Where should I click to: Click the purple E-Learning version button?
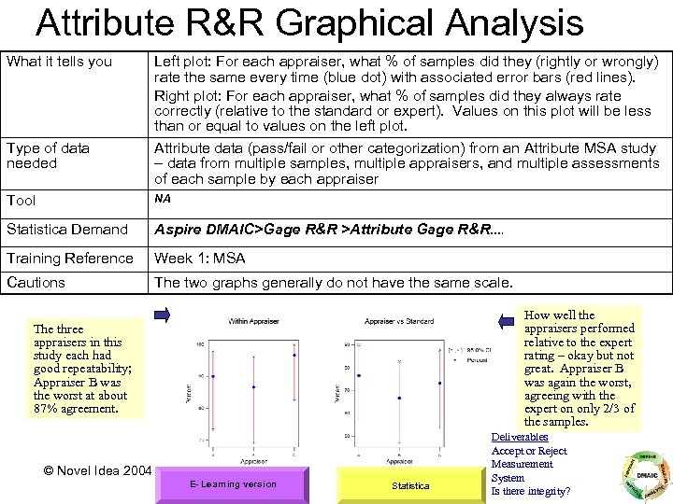[x=220, y=484]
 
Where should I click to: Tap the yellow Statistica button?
[x=410, y=484]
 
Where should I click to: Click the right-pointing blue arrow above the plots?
[x=159, y=315]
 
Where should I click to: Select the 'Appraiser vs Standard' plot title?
[x=400, y=322]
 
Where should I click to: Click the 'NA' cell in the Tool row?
[x=163, y=199]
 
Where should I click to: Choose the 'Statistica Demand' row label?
[x=67, y=229]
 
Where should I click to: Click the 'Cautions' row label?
[x=36, y=282]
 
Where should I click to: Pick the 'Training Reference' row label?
[x=70, y=258]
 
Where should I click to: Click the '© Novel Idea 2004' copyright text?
[x=98, y=469]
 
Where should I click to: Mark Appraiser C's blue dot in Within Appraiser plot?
[x=295, y=356]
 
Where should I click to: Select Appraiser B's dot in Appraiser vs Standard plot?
[x=400, y=399]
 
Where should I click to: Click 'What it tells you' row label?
[x=59, y=62]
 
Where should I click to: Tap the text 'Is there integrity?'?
[x=531, y=491]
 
